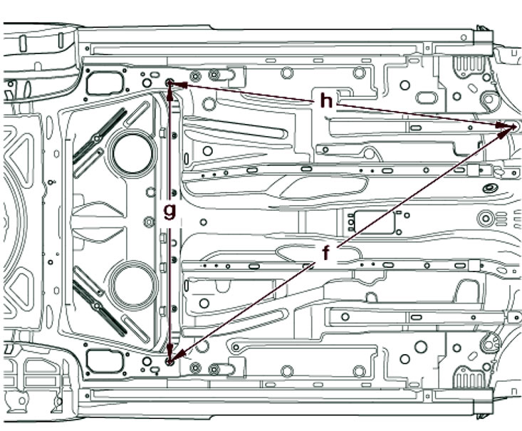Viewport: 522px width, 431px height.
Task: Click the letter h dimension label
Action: tap(326, 100)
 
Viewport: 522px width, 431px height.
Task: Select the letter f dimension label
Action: tap(326, 252)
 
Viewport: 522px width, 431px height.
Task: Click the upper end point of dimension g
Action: tap(169, 83)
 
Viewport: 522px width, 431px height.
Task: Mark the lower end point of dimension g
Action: tap(169, 361)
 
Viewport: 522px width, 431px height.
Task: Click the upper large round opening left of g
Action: tap(132, 153)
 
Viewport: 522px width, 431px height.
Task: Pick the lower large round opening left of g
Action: tap(133, 284)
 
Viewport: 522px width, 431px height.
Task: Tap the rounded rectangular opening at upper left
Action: tap(104, 83)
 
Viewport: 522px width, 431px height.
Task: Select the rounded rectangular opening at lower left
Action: tap(104, 361)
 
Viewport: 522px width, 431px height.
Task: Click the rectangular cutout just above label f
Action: tap(374, 222)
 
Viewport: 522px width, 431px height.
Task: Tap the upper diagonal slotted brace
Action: tap(100, 136)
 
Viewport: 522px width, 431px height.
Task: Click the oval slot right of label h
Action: tap(427, 98)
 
